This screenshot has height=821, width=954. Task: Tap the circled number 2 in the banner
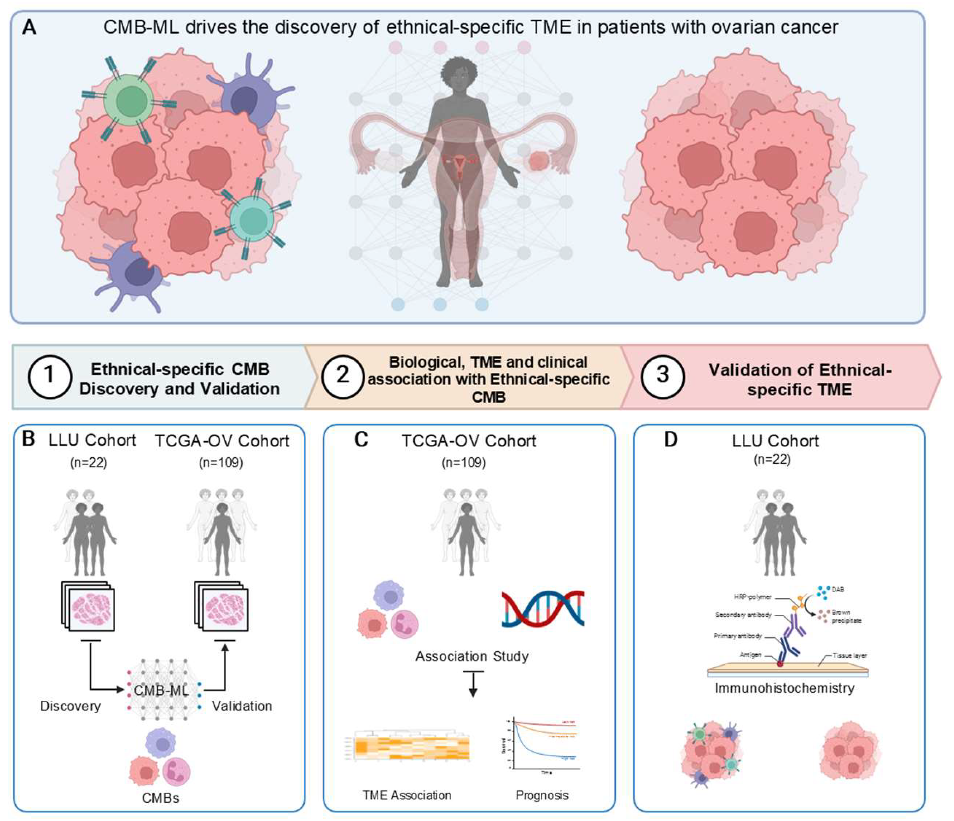pyautogui.click(x=342, y=376)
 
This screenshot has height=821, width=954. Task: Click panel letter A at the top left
pyautogui.click(x=29, y=28)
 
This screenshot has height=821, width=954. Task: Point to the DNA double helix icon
pyautogui.click(x=543, y=609)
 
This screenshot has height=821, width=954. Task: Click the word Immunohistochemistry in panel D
pyautogui.click(x=784, y=688)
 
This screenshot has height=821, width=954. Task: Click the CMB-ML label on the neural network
pyautogui.click(x=161, y=690)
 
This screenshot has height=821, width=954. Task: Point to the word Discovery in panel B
pyautogui.click(x=71, y=706)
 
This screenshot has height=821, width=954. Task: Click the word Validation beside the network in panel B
pyautogui.click(x=242, y=706)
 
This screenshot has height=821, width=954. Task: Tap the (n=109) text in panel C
pyautogui.click(x=463, y=462)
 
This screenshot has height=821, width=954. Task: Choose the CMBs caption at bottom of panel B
pyautogui.click(x=160, y=798)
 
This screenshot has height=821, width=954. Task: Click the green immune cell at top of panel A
pyautogui.click(x=128, y=101)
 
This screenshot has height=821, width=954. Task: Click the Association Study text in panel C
pyautogui.click(x=472, y=656)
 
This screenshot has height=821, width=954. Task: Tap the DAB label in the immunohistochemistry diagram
pyautogui.click(x=838, y=589)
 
